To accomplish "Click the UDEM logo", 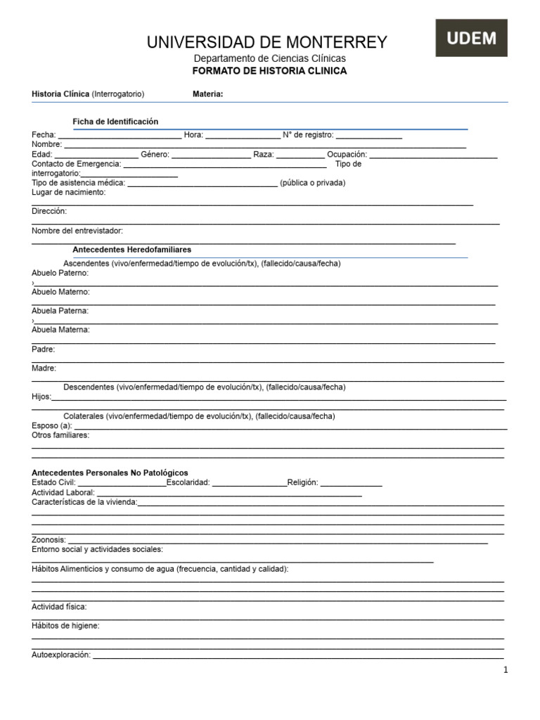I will [471, 38].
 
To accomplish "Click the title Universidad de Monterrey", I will [266, 42].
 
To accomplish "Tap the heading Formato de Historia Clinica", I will [269, 71].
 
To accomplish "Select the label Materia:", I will [208, 94].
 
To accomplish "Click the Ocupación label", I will [347, 155].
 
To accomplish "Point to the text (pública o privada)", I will [312, 183].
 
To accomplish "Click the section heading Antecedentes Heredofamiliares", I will [131, 250].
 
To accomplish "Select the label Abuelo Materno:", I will [60, 292].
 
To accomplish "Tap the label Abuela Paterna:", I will [60, 311].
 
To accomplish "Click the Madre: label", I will [44, 368].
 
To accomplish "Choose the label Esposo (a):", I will [52, 426].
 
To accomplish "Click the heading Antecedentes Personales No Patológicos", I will [110, 473].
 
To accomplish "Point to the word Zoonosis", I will [49, 540].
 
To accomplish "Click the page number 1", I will [506, 670].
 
